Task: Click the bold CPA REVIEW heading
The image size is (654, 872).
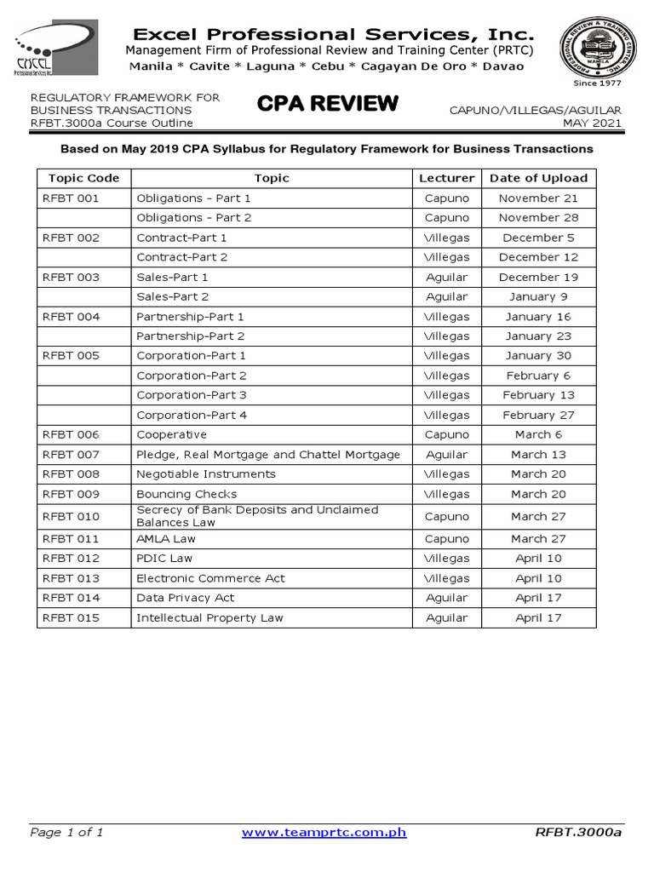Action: click(x=327, y=104)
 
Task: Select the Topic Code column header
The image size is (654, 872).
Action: click(x=83, y=178)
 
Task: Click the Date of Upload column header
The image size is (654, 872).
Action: click(x=538, y=178)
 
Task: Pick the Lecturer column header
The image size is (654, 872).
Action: click(x=446, y=178)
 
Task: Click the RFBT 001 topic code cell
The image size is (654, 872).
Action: click(x=71, y=198)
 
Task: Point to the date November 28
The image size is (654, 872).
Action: click(x=538, y=217)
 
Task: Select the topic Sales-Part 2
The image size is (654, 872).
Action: click(x=173, y=296)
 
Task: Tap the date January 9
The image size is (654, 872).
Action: click(x=538, y=296)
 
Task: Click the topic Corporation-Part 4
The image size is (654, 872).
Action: click(x=192, y=415)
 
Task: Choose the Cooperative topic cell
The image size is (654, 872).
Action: click(x=171, y=434)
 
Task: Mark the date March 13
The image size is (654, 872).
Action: click(x=538, y=454)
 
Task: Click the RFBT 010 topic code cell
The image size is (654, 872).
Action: click(x=71, y=516)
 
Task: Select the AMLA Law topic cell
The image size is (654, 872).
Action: click(x=165, y=538)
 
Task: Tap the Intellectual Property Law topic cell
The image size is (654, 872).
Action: click(x=209, y=617)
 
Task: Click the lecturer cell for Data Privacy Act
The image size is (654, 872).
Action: click(x=446, y=598)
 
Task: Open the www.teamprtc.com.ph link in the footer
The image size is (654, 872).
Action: click(x=324, y=832)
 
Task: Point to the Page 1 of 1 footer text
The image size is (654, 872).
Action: click(x=66, y=832)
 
